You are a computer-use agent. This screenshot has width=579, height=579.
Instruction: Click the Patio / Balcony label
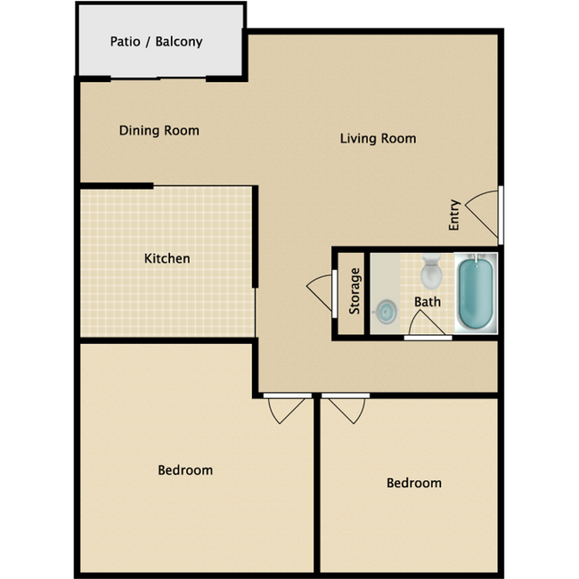[x=156, y=42]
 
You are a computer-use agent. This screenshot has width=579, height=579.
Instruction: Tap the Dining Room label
[x=159, y=130]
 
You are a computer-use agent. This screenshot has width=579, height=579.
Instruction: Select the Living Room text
[x=378, y=138]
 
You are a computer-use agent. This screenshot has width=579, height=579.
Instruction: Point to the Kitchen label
[x=167, y=258]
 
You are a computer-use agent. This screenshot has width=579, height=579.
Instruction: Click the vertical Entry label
[x=453, y=215]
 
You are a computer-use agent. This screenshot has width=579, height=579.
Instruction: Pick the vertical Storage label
[x=355, y=291]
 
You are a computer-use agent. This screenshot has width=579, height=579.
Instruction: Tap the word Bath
[x=428, y=302]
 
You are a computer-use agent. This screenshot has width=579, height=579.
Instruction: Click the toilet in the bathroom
[x=431, y=272]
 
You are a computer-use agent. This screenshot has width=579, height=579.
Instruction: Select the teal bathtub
[x=476, y=294]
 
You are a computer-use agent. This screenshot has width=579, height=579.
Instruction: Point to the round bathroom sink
[x=386, y=312]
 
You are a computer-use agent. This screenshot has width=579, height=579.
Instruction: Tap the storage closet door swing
[x=320, y=292]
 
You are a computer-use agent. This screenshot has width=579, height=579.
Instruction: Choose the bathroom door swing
[x=426, y=322]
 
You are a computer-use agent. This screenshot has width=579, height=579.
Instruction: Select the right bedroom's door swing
[x=347, y=411]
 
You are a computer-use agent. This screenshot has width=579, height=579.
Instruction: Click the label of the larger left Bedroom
[x=185, y=470]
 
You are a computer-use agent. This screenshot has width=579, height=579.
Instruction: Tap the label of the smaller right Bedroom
[x=414, y=483]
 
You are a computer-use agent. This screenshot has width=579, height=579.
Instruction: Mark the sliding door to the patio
[x=158, y=77]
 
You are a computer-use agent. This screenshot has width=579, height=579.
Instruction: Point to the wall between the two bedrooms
[x=317, y=485]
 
